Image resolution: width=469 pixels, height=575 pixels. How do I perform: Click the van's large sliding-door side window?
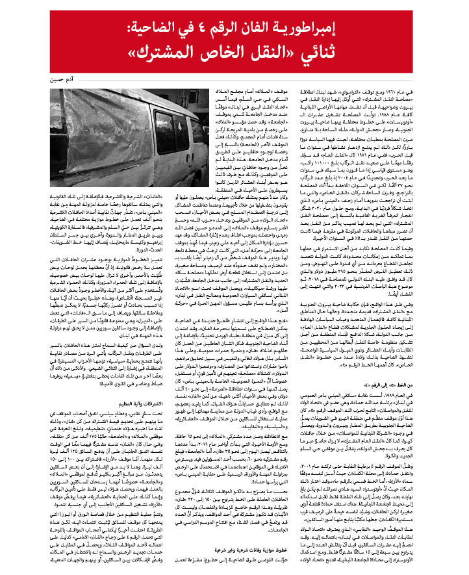coord(162,134)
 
